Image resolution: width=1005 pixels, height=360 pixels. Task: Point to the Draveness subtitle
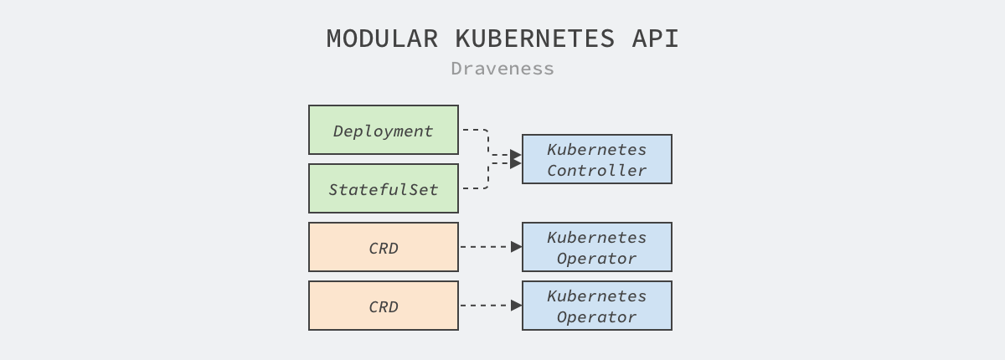pos(502,69)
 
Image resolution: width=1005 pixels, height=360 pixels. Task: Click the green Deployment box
pos(384,131)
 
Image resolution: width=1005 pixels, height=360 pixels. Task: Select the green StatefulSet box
pos(384,189)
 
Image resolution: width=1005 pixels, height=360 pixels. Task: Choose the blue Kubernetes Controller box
pos(596,159)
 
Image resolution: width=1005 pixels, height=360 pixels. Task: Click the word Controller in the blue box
pos(596,170)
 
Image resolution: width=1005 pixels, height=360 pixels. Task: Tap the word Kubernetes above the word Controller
pos(596,149)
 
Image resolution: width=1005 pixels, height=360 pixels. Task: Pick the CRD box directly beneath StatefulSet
pos(384,248)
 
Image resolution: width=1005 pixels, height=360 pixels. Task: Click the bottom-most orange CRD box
pos(384,306)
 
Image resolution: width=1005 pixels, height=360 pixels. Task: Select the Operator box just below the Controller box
pos(596,248)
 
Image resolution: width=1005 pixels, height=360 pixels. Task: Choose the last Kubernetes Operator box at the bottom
pos(596,306)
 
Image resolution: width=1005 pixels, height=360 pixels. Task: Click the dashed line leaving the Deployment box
pos(474,130)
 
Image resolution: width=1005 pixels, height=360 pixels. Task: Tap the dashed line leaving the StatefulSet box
pos(474,188)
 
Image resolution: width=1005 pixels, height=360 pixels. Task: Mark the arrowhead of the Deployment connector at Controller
pos(516,154)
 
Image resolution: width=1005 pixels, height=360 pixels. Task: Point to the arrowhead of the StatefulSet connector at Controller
pos(516,164)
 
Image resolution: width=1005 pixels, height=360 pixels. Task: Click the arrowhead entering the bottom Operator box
pos(517,306)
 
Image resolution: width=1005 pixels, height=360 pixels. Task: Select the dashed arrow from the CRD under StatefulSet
pos(490,247)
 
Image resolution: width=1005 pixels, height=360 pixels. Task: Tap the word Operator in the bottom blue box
pos(596,317)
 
